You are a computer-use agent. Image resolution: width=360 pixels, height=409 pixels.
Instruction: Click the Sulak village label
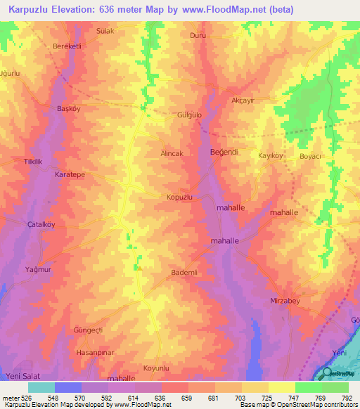[x=105, y=32]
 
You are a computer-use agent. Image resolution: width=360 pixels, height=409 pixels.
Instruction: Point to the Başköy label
[x=70, y=109]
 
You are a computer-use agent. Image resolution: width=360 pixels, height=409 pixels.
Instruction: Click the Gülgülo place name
[x=189, y=115]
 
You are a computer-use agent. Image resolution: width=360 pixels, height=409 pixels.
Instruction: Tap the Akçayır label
[x=245, y=100]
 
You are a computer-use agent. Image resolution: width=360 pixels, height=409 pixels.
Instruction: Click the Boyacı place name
[x=310, y=156]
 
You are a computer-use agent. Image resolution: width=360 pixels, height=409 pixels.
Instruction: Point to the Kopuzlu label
[x=179, y=198]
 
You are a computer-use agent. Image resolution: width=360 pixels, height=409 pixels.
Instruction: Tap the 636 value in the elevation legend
[x=161, y=399]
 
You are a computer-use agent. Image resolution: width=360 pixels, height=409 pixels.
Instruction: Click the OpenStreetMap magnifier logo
[x=327, y=375]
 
